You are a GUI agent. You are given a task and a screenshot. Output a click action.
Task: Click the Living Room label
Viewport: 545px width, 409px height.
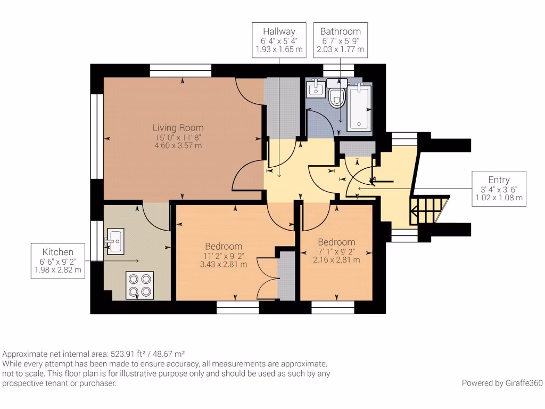pyautogui.click(x=178, y=128)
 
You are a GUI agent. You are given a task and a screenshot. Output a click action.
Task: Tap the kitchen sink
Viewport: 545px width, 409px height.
pyautogui.click(x=115, y=239)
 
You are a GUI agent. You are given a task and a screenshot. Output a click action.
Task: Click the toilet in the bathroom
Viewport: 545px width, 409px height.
pyautogui.click(x=336, y=96)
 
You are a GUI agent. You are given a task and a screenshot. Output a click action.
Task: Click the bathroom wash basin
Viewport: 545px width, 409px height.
pyautogui.click(x=316, y=88)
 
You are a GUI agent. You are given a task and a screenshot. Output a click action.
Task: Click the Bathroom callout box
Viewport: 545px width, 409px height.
pyautogui.click(x=340, y=40)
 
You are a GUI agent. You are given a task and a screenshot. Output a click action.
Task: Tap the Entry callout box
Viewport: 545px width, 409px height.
pyautogui.click(x=499, y=189)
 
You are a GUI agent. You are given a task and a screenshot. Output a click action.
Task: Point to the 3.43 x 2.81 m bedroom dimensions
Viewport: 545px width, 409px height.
pyautogui.click(x=224, y=264)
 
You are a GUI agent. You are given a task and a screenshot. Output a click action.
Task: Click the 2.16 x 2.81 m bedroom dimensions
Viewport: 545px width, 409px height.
pyautogui.click(x=336, y=260)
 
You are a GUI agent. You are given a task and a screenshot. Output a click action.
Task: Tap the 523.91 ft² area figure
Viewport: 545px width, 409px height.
pyautogui.click(x=128, y=354)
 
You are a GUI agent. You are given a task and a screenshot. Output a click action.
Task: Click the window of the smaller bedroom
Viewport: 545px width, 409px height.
pyautogui.click(x=333, y=305)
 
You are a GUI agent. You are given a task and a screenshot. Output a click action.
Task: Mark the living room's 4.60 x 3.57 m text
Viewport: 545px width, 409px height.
pyautogui.click(x=178, y=145)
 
